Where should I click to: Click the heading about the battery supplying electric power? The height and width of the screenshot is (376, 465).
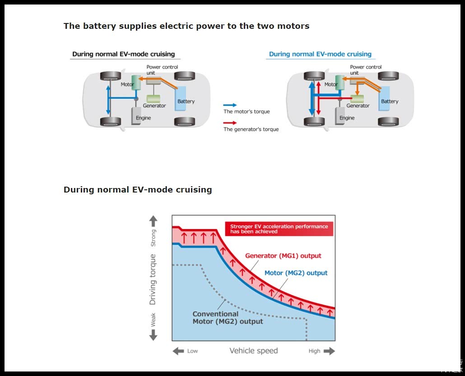click(x=186, y=26)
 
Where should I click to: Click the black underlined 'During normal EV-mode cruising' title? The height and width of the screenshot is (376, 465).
click(x=123, y=54)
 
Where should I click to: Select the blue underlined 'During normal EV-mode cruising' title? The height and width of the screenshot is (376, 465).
click(x=320, y=54)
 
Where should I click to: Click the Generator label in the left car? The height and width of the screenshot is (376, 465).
click(x=154, y=106)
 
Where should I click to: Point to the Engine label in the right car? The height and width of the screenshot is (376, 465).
click(x=347, y=118)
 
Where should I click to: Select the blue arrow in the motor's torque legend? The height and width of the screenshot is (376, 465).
click(x=230, y=105)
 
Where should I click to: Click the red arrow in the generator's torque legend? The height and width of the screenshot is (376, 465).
click(x=230, y=123)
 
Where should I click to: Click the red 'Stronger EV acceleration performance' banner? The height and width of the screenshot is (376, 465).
click(x=279, y=229)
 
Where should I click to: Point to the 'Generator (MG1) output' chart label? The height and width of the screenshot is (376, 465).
click(x=283, y=256)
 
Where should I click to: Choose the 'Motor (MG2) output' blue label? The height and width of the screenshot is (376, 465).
click(x=296, y=273)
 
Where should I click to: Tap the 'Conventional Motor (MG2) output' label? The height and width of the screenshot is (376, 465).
click(x=228, y=317)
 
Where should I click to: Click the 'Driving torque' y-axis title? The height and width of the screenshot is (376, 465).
click(x=153, y=280)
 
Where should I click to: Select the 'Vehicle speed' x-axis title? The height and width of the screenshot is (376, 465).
click(x=253, y=351)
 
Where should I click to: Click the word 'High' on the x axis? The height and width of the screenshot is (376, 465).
click(x=315, y=351)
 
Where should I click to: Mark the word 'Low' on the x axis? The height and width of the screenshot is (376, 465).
click(x=192, y=351)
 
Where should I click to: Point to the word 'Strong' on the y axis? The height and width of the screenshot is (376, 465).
click(x=153, y=238)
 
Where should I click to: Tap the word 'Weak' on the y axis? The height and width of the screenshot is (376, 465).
click(x=153, y=319)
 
